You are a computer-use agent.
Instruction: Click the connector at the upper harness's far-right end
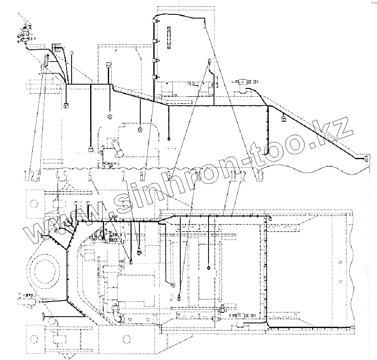(366, 158)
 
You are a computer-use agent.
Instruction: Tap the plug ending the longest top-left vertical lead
(90, 148)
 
